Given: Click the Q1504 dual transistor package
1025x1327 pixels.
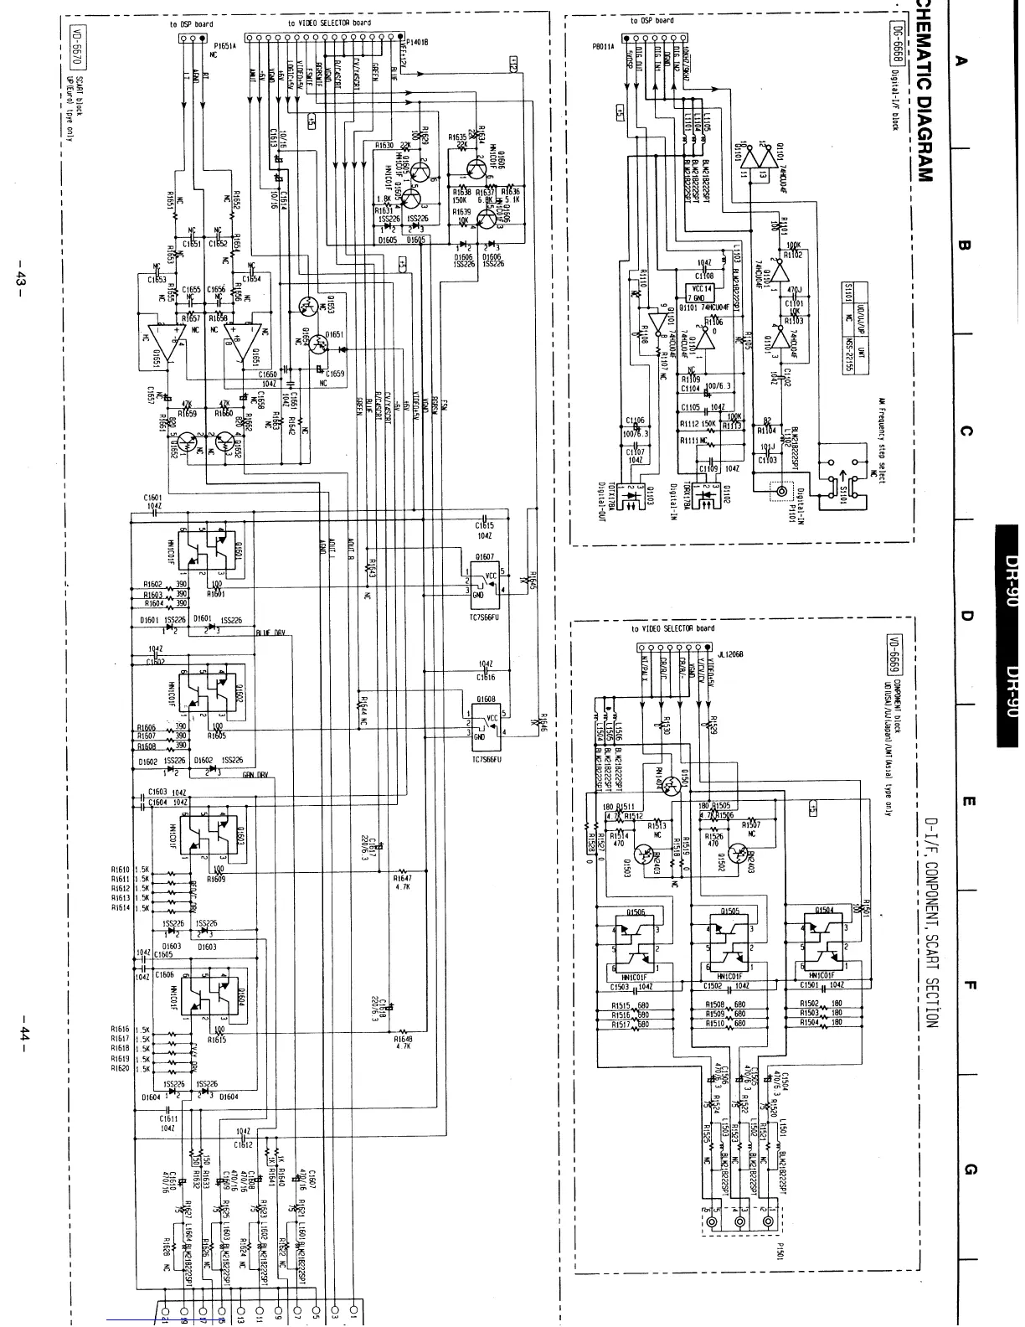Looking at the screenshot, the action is (x=824, y=943).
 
